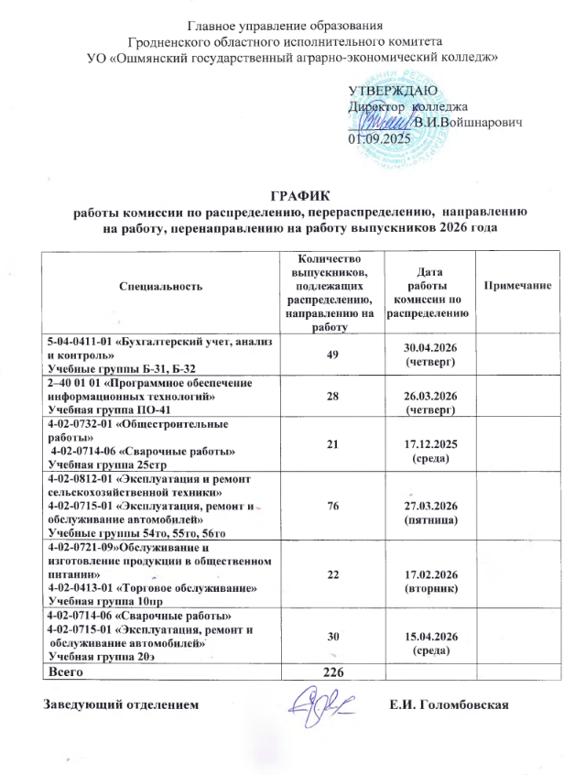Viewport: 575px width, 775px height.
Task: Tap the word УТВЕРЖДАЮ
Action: click(393, 90)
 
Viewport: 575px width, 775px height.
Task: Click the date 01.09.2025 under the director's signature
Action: click(381, 138)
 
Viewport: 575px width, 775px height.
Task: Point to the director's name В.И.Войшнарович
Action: click(468, 122)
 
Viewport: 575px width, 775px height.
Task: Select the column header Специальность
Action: click(160, 287)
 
